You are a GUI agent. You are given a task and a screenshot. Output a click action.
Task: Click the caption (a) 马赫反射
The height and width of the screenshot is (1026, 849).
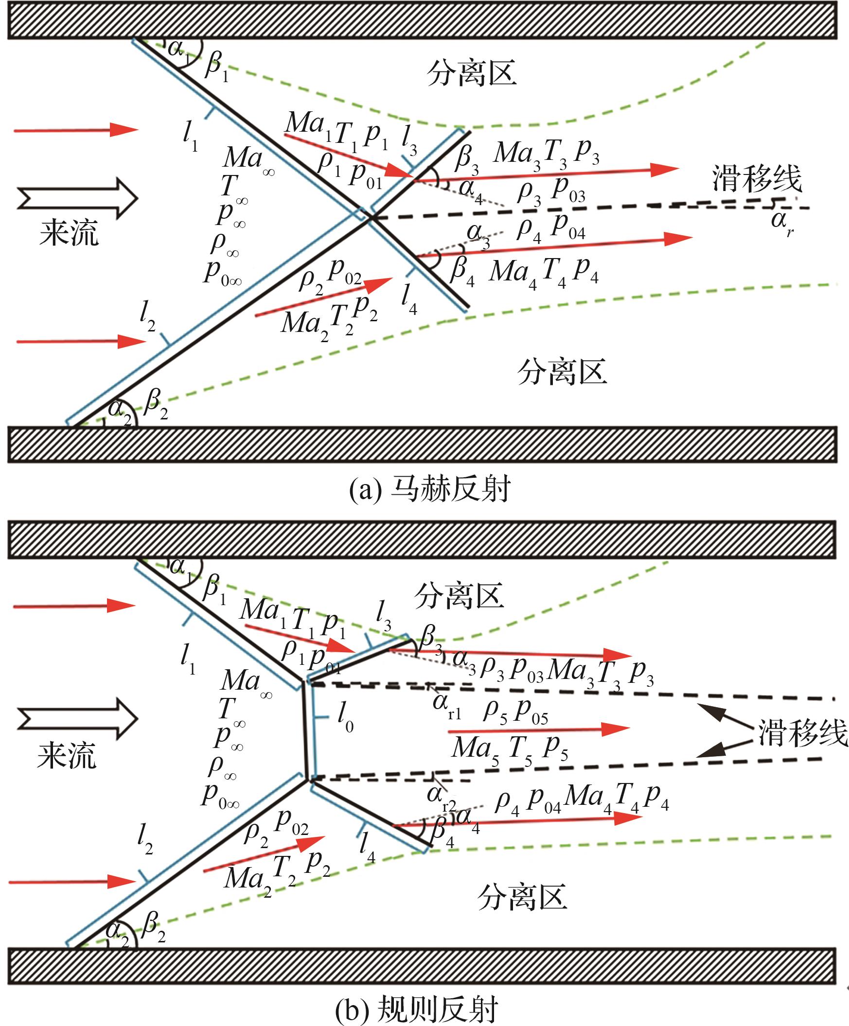430,489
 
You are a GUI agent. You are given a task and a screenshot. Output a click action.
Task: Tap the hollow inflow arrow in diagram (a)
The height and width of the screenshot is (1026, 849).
78,198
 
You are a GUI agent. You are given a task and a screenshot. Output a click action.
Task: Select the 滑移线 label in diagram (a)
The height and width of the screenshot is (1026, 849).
757,179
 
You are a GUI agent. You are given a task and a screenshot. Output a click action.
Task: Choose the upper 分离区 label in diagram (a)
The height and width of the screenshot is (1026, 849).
472,74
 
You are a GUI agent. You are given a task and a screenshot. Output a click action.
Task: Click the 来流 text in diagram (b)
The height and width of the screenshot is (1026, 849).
67,757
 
